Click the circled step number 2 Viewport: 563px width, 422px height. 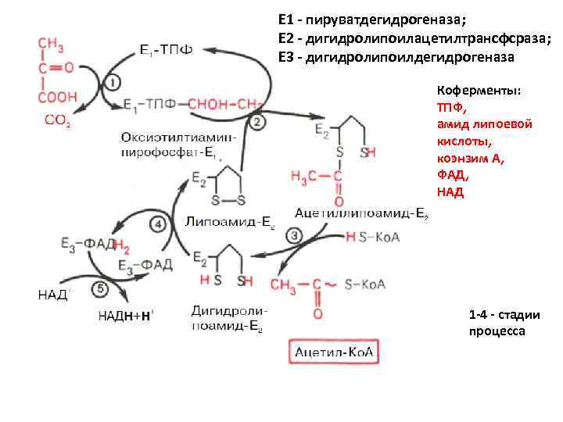(257, 122)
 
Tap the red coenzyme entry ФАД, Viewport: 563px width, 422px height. (453, 176)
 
